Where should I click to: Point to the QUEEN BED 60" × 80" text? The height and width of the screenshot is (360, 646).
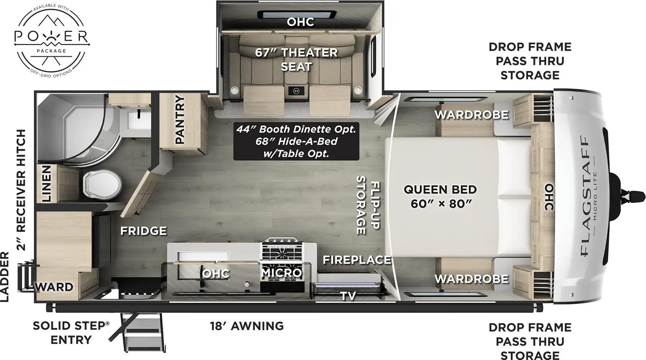[440, 196]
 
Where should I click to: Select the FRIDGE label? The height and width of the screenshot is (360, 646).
[143, 231]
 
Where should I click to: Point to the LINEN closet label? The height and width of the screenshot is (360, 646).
[47, 184]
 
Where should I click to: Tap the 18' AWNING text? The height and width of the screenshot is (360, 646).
[247, 326]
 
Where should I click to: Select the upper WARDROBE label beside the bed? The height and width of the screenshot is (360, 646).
[471, 115]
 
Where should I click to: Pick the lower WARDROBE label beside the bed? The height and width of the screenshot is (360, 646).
[471, 279]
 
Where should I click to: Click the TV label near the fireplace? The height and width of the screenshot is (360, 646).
[348, 296]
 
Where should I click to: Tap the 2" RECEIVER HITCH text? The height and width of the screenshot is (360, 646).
[21, 190]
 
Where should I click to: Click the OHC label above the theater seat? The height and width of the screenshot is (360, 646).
[300, 22]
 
